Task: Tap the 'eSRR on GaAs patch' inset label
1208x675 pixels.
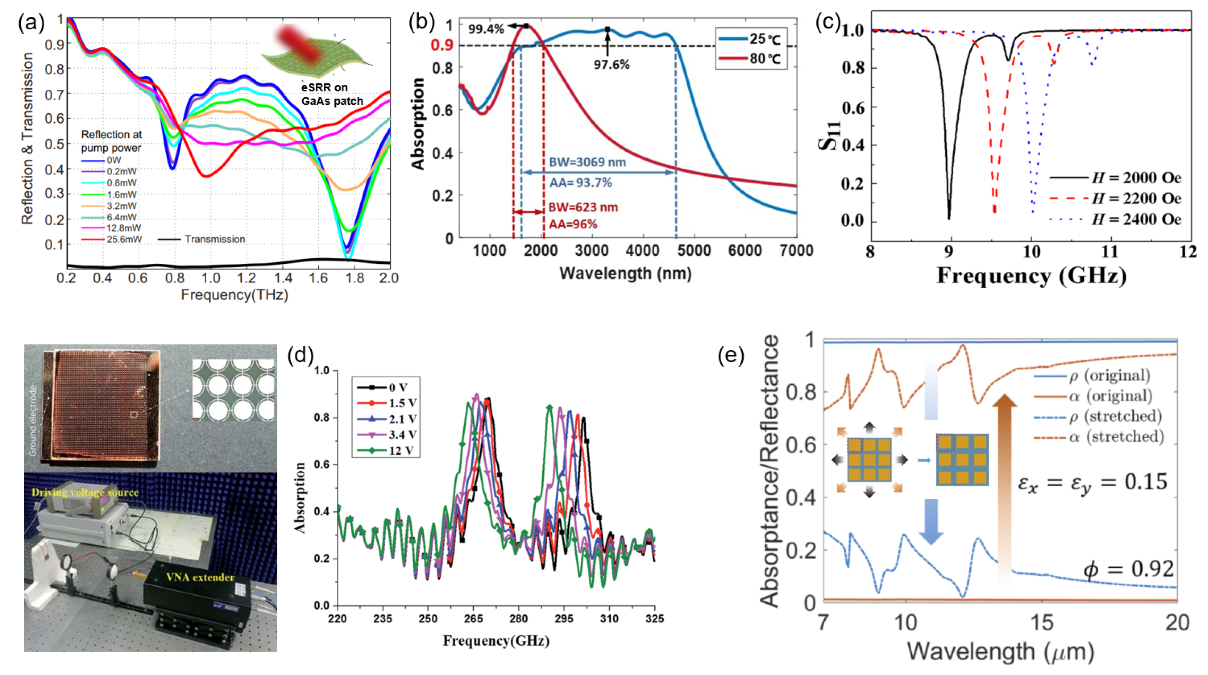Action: [332, 94]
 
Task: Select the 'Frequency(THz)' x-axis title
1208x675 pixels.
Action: [234, 295]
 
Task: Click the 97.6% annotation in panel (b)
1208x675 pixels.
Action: [612, 64]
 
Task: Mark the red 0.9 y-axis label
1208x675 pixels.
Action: [442, 45]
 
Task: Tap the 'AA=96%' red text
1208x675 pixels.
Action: [573, 225]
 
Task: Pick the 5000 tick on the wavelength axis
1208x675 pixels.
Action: [693, 251]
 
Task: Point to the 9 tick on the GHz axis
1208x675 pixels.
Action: [949, 252]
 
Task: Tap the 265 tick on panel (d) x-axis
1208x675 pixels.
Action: [473, 619]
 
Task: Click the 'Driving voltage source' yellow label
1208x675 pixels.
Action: [85, 492]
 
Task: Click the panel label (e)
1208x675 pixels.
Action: [731, 357]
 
